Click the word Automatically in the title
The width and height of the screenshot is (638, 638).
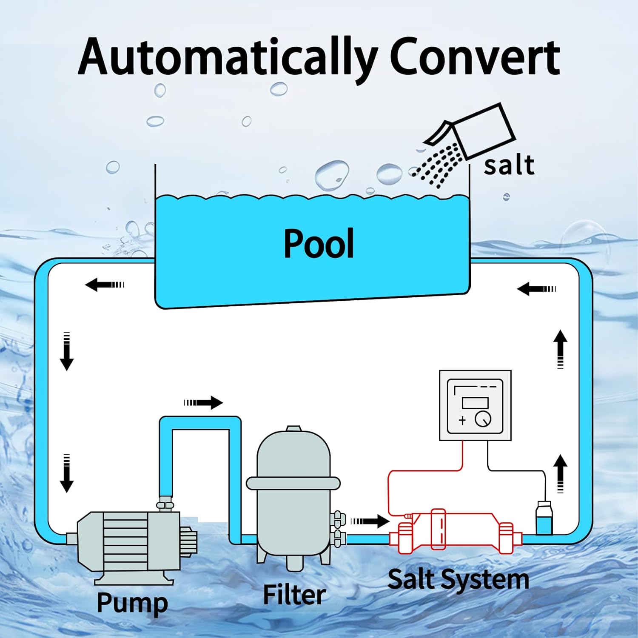point(228,57)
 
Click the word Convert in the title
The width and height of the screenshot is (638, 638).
point(474,57)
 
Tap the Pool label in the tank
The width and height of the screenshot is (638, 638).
point(319,243)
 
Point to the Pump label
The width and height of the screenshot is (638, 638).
point(132,603)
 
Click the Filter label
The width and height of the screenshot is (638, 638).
point(294,594)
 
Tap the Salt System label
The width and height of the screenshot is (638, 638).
point(458,579)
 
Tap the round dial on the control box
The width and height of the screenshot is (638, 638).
point(483,419)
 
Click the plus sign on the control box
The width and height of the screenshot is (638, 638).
point(462,420)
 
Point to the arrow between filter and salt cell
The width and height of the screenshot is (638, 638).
point(369,521)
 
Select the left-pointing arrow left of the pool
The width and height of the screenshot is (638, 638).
point(104,284)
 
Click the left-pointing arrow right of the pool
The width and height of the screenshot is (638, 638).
point(536,289)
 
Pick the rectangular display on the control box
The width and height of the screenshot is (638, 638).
point(475,402)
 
